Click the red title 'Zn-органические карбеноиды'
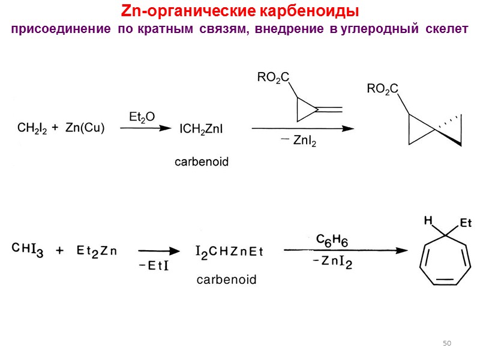(x=240, y=12)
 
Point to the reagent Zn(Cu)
(x=85, y=128)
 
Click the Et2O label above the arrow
(x=142, y=116)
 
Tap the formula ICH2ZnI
(x=202, y=128)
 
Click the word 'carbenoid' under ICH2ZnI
(x=202, y=162)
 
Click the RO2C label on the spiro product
(x=382, y=90)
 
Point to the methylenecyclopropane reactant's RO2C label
(x=273, y=77)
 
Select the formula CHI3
(x=29, y=250)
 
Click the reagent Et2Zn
(x=98, y=250)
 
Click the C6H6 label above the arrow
(x=332, y=239)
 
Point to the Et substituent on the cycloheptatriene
(x=466, y=224)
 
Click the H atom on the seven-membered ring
(x=428, y=221)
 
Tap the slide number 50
(x=446, y=343)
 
